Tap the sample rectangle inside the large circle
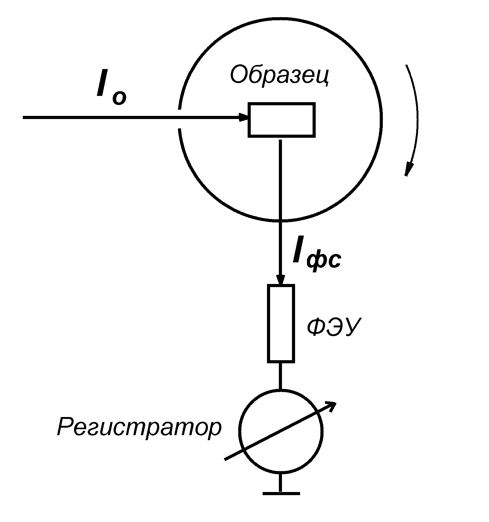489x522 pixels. (281, 120)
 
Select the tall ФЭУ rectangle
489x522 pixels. (281, 323)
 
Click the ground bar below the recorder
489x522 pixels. (281, 494)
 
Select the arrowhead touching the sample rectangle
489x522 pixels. (244, 117)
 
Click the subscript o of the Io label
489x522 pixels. (119, 98)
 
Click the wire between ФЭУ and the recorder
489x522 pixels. (280, 376)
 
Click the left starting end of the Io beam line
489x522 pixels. (24, 117)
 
